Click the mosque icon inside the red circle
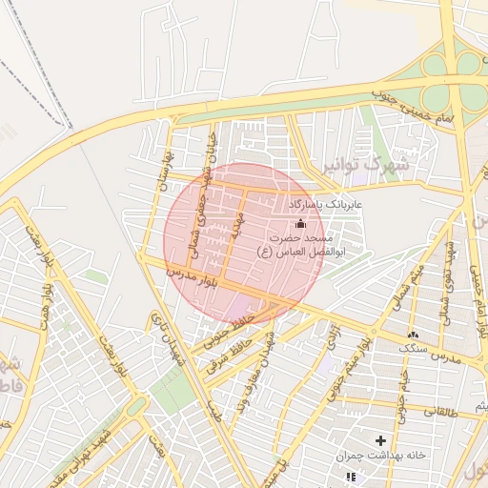pos(301,223)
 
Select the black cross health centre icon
pos(381,440)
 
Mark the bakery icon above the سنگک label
pos(413,335)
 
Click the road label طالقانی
pos(453,410)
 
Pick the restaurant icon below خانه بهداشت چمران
pos(350,476)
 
